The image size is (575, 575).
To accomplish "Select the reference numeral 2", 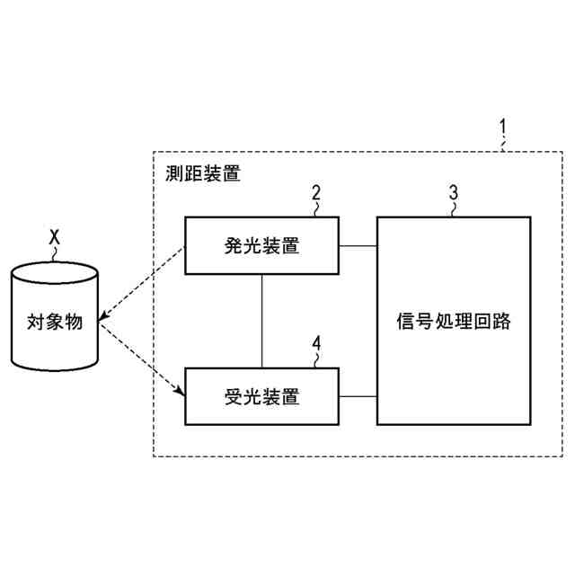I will click(x=315, y=191).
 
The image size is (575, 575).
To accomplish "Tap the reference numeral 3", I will click(x=453, y=191).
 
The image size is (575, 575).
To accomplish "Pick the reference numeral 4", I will click(x=315, y=342).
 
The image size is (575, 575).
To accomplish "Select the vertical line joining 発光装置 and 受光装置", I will click(x=261, y=321).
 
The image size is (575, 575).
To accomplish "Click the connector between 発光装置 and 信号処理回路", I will click(x=358, y=245).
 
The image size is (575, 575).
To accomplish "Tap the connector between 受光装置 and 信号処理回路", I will click(x=358, y=396).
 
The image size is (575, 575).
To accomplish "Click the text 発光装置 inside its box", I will click(x=261, y=245).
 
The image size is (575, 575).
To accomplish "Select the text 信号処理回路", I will click(x=453, y=321).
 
